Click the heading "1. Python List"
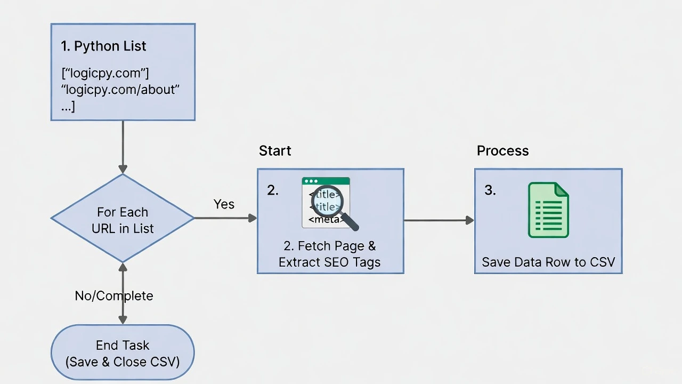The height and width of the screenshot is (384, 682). coord(103,46)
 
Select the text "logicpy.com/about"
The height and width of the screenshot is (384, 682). coord(120,90)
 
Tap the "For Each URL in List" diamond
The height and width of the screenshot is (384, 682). coord(123,218)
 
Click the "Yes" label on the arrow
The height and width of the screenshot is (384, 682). coord(224,204)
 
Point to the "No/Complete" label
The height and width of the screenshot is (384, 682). coord(114,296)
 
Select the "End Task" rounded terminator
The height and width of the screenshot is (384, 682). coord(123,353)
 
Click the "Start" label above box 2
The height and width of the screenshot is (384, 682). coord(275,151)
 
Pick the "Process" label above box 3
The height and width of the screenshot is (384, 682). coord(502,151)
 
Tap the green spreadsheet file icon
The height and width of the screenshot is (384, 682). coord(548,210)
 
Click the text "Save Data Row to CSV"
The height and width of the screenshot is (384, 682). coord(548,262)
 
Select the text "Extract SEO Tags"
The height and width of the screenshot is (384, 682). coord(330,262)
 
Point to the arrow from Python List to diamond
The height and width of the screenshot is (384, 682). coord(123,147)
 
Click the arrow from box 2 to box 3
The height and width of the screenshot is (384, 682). coord(439,220)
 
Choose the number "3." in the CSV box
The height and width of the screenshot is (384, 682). coord(490,191)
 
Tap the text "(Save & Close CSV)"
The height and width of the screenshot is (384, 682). coord(123,362)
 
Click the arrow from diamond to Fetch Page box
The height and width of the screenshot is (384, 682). coord(225,218)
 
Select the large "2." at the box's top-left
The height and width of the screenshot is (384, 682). coord(272,191)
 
